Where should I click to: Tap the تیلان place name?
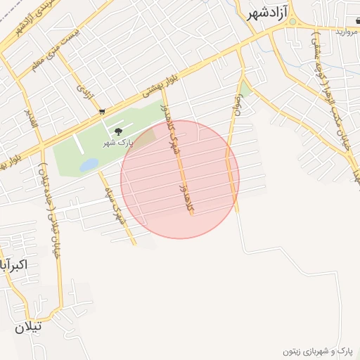pos(29,326)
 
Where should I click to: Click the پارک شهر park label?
pos(117,143)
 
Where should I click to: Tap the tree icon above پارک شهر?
pos(117,131)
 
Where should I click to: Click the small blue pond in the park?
pos(89,165)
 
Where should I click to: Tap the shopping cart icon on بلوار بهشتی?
pos(103,111)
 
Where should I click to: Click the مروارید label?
pos(347,32)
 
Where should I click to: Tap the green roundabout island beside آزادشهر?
pos(292,22)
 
